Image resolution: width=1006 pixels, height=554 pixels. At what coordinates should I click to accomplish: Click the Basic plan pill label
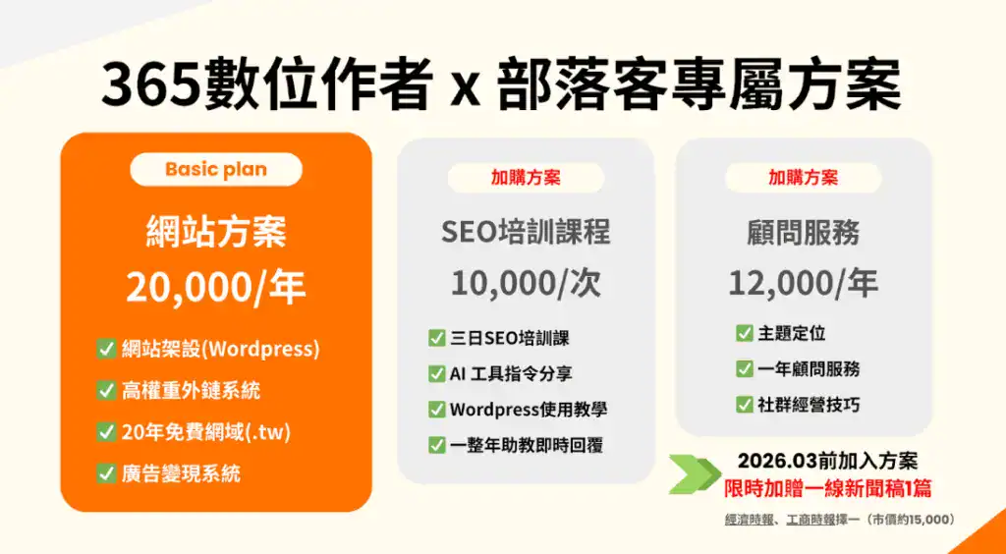(x=216, y=169)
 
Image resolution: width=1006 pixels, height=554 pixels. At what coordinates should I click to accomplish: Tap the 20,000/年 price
(x=216, y=287)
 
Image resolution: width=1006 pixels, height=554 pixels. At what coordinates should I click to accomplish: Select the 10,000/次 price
(x=526, y=283)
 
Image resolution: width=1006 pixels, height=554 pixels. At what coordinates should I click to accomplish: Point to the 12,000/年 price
(x=803, y=283)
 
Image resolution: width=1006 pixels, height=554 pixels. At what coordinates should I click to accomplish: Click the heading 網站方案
(x=216, y=232)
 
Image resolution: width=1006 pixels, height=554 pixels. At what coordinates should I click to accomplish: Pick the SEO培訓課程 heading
(x=526, y=232)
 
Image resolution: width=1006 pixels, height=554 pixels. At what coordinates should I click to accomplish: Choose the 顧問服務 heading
(x=803, y=232)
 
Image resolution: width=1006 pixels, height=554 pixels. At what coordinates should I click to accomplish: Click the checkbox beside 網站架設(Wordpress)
(x=106, y=349)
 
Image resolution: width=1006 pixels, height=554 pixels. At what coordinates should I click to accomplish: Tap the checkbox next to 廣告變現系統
(x=106, y=473)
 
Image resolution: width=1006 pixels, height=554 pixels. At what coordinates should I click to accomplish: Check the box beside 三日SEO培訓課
(x=437, y=338)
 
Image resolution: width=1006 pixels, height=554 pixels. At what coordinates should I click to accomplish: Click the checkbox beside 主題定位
(x=745, y=333)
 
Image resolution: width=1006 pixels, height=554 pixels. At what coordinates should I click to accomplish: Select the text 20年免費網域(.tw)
(x=206, y=432)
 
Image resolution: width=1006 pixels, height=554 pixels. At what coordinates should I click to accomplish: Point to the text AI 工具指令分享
(x=511, y=374)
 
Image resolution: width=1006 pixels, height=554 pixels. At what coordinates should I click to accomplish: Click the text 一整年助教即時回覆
(x=527, y=445)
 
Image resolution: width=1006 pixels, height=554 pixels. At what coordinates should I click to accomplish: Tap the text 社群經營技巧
(x=810, y=405)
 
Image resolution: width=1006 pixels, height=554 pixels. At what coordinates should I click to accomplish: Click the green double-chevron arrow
(x=695, y=474)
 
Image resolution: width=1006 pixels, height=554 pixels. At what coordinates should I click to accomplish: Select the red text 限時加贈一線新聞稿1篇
(x=827, y=487)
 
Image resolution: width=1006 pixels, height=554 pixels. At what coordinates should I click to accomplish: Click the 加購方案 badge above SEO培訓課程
(x=526, y=178)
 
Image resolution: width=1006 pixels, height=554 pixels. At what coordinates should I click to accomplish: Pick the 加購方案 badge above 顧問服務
(x=803, y=178)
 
